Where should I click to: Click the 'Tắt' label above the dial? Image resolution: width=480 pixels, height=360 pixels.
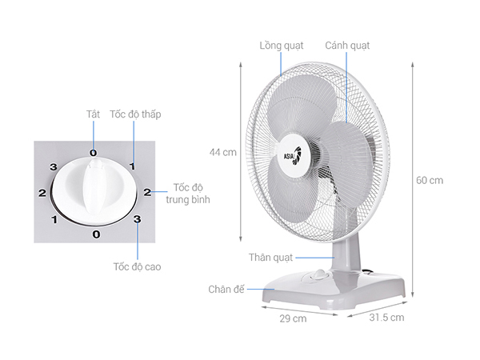coord(93,114)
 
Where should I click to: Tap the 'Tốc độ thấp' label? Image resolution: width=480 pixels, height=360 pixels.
coord(135,114)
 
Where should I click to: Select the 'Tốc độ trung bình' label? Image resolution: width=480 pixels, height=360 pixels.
coord(188,194)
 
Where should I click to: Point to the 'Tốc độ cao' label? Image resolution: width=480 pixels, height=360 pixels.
coord(137,266)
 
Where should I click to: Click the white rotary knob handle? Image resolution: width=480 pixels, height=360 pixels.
coord(94,186)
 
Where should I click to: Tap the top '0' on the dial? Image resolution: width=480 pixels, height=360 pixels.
coord(94,153)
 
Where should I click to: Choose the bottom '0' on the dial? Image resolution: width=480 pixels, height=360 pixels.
coord(96,234)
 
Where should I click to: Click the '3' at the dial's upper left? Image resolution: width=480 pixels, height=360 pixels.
coord(54,167)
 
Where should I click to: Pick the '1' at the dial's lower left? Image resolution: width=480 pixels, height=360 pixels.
coord(54,219)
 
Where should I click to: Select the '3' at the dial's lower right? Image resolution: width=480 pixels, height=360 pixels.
coord(137,219)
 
